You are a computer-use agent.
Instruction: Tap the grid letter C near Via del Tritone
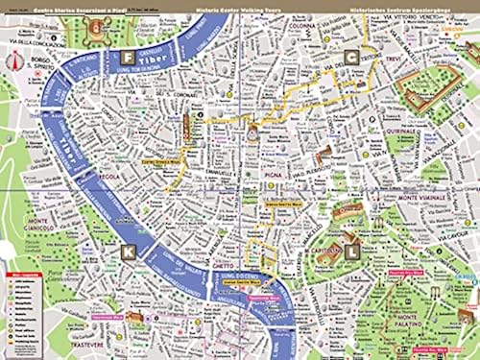353,58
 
